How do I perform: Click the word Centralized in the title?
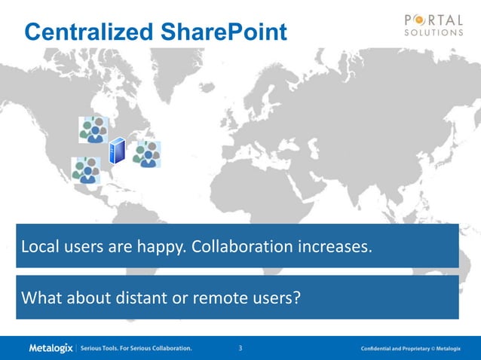point(88,32)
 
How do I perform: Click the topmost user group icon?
point(93,130)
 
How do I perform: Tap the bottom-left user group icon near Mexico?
point(86,169)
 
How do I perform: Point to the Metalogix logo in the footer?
point(51,348)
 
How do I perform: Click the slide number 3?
point(240,348)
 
